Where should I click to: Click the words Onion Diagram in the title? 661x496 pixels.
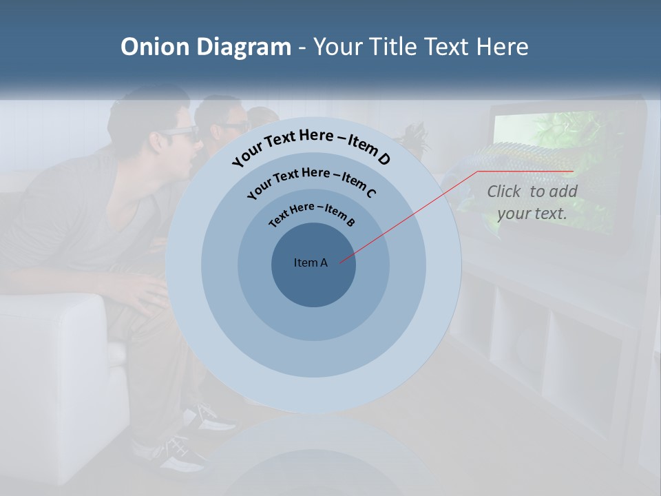(x=205, y=47)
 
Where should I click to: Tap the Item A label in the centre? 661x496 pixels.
(x=311, y=262)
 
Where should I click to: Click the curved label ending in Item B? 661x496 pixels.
(x=312, y=213)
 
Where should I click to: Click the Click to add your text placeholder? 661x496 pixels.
(x=532, y=203)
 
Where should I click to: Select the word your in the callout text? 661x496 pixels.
(x=513, y=214)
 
